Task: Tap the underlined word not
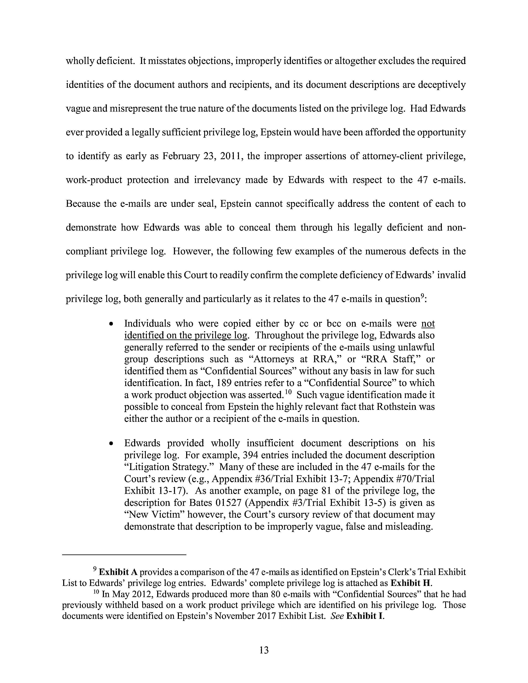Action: coord(428,323)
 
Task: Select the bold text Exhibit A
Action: coord(118,572)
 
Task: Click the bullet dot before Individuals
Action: coord(111,324)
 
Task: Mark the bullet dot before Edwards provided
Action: coord(111,444)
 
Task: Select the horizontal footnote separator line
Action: coord(124,554)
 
